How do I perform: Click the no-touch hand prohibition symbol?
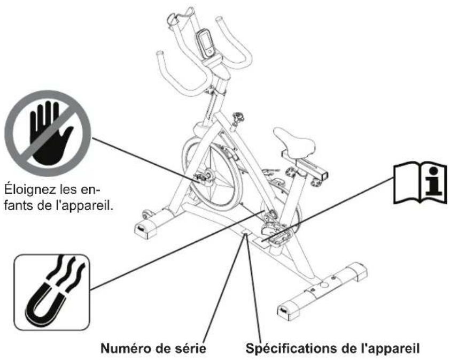pyautogui.click(x=48, y=133)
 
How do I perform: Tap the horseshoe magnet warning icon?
pyautogui.click(x=52, y=292)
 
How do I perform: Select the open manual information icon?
pyautogui.click(x=420, y=183)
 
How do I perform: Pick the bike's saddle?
pyautogui.click(x=293, y=142)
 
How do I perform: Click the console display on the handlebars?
pyautogui.click(x=205, y=44)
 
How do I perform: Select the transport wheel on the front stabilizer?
pyautogui.click(x=147, y=215)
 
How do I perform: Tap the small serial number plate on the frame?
pyautogui.click(x=246, y=231)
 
